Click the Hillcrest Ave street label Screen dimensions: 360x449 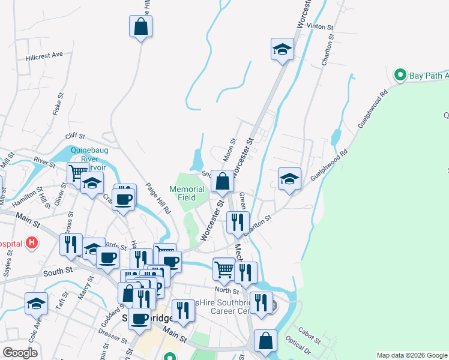point(44,55)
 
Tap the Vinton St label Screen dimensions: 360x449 point(319,27)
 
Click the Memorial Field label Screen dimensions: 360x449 point(187,193)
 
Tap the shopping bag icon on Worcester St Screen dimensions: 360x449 point(222,181)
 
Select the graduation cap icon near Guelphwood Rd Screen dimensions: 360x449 point(289,179)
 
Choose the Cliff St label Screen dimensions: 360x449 point(77,136)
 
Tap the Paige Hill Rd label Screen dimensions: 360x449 point(158,199)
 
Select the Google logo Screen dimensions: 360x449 point(20,352)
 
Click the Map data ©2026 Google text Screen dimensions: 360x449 point(412,355)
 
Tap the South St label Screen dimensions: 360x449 point(58,271)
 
